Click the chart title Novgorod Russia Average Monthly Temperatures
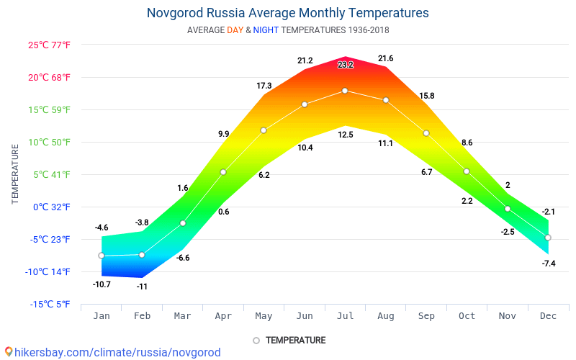point(287,13)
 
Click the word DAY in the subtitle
point(235,30)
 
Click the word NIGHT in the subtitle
point(265,30)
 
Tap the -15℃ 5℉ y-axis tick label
point(50,304)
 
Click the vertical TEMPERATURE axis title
point(15,174)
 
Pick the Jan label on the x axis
point(102,315)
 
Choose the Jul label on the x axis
point(345,315)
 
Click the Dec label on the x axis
point(548,315)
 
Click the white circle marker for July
point(345,91)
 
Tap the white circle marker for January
point(102,256)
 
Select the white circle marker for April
point(223,172)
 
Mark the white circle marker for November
point(508,209)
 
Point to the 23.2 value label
point(346,65)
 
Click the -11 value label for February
point(142,287)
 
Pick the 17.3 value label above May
point(264,86)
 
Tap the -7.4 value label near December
point(548,264)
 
